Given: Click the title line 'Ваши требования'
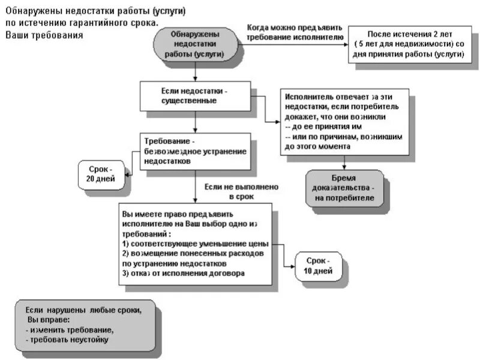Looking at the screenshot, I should (44, 35).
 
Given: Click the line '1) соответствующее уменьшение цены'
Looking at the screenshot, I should (195, 244).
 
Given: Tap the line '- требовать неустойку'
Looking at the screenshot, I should (67, 340).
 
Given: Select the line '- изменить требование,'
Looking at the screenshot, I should (70, 330).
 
